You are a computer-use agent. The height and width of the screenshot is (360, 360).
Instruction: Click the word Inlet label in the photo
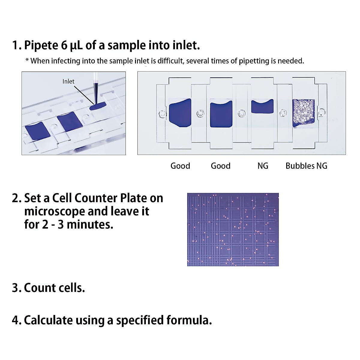coord(68,81)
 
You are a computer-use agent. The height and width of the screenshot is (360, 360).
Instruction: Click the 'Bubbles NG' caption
coord(306,166)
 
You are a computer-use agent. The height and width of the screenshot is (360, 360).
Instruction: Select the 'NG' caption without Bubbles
coord(263,166)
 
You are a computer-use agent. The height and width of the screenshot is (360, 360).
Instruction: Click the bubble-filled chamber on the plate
coord(303,113)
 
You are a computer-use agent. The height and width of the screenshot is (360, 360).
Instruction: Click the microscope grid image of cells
coord(233,229)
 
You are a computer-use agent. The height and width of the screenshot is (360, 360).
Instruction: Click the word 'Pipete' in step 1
coord(41,45)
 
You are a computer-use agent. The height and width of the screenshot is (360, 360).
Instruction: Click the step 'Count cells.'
coord(49,288)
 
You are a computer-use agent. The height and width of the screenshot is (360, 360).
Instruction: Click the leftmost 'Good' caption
coord(180,166)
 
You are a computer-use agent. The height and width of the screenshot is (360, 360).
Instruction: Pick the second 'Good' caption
coord(220,166)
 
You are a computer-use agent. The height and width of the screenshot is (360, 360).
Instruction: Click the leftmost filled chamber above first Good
coord(180,112)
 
